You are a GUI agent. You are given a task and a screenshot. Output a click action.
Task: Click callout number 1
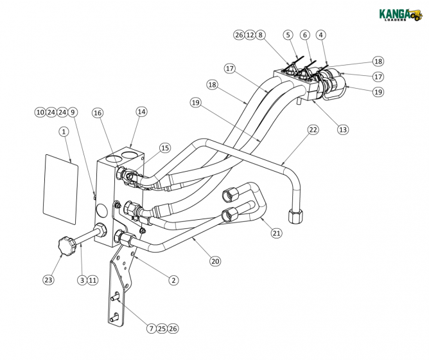[64, 132]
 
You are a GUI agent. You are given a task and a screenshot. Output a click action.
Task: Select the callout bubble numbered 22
[313, 130]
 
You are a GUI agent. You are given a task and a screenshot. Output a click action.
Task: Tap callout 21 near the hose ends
[276, 233]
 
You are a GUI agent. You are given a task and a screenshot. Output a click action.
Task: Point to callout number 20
[215, 261]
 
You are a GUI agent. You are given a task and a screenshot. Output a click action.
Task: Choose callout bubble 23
[49, 280]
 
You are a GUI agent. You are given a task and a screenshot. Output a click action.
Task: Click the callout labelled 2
[173, 280]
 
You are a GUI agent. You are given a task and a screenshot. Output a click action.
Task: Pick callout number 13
[343, 129]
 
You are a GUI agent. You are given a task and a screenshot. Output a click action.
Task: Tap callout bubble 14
[141, 111]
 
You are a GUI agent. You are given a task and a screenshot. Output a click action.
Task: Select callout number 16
[98, 113]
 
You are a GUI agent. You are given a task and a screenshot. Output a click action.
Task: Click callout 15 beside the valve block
[165, 148]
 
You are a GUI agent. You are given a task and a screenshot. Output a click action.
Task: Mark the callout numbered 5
[288, 35]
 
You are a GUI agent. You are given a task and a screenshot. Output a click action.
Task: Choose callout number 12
[250, 35]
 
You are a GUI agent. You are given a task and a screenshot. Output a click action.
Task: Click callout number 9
[73, 112]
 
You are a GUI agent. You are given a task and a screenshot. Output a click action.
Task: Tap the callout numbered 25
[162, 328]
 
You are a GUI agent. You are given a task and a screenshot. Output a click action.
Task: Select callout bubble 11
[92, 280]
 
